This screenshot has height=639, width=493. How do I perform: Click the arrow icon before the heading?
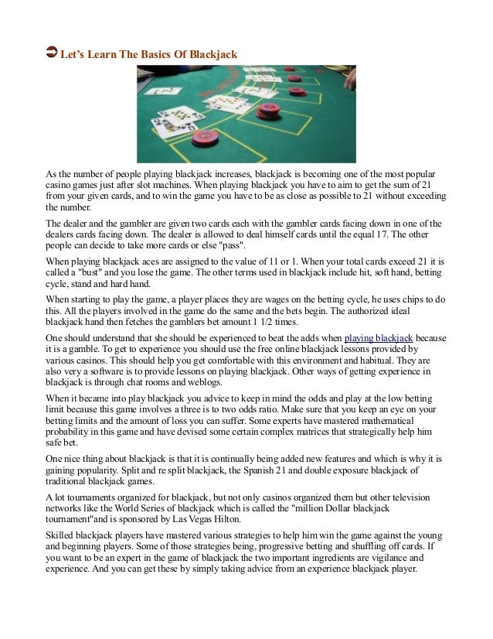pyautogui.click(x=52, y=52)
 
